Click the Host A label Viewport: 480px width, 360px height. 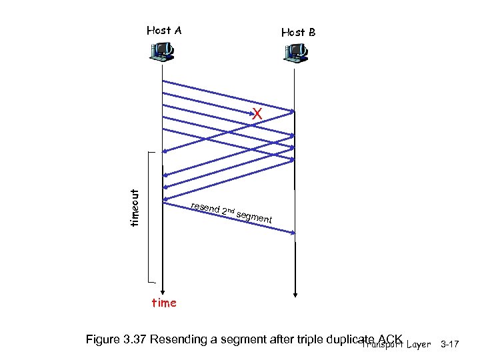point(164,30)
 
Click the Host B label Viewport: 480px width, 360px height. point(298,32)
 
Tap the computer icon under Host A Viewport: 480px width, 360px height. point(162,51)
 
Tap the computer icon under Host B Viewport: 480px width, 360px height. point(295,53)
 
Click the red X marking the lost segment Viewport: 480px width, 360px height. point(257,115)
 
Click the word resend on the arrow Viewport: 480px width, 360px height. point(205,207)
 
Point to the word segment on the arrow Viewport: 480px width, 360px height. point(254,215)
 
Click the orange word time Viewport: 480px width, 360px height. point(164,303)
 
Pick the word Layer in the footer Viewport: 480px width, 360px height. point(417,344)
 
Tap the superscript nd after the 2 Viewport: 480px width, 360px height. point(229,210)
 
